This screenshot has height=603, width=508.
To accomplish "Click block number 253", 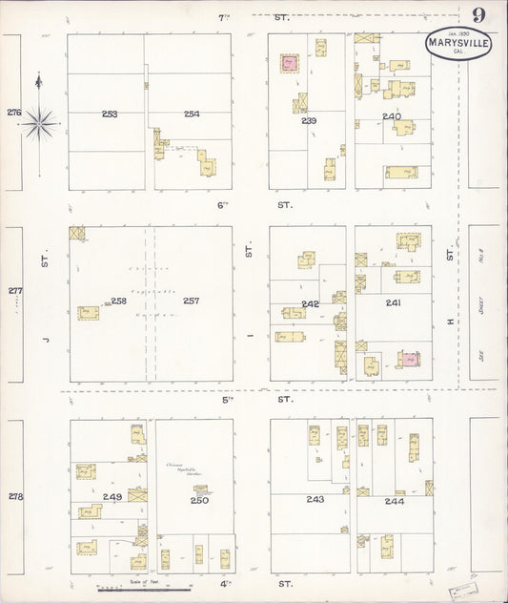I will [x=110, y=114].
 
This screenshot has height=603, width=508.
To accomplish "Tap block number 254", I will [x=192, y=114].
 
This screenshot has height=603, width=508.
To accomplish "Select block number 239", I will [x=309, y=121].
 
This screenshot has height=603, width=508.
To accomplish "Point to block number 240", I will [x=392, y=116].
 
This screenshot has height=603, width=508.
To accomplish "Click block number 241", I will [x=393, y=302].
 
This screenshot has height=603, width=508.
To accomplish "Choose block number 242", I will [x=311, y=302].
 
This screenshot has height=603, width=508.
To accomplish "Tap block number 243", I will [x=315, y=500].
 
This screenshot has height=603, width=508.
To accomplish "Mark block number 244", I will [x=394, y=500].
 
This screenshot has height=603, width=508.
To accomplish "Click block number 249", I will [x=112, y=497].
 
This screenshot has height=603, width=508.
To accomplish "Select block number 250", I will [x=199, y=500].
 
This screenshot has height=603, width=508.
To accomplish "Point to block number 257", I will [x=192, y=301].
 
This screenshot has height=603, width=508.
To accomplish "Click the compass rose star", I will [x=39, y=121].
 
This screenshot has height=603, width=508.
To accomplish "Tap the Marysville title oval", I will [x=459, y=44].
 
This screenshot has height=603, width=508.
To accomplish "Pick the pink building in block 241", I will [x=410, y=359].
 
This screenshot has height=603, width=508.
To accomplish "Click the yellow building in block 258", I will [x=88, y=312].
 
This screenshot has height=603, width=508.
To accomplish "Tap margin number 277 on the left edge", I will [x=14, y=291].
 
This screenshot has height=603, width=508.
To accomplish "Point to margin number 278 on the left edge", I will [x=14, y=496].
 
